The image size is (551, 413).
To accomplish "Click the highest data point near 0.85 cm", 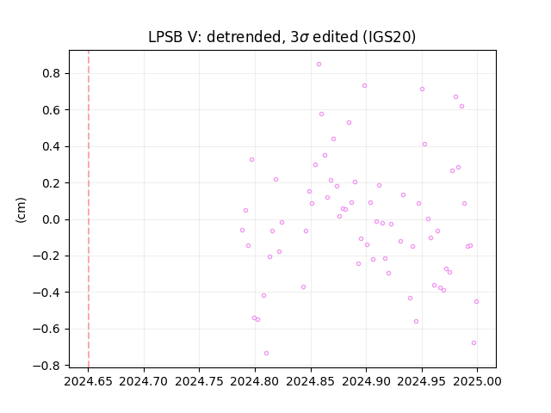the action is pyautogui.click(x=319, y=65).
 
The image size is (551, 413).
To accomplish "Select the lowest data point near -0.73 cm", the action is pyautogui.click(x=266, y=354).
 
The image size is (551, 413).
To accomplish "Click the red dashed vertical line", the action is pyautogui.click(x=89, y=209).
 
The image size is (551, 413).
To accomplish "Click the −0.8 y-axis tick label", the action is pyautogui.click(x=51, y=366).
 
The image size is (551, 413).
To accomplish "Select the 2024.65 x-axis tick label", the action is pyautogui.click(x=88, y=381).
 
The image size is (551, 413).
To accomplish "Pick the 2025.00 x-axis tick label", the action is pyautogui.click(x=477, y=381).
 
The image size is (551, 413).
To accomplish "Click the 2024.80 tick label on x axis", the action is pyautogui.click(x=255, y=381).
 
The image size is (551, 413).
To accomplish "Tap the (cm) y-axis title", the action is pyautogui.click(x=21, y=210).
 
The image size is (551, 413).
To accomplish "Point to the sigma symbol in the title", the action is pyautogui.click(x=304, y=38).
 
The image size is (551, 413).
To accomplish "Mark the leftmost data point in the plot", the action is pyautogui.click(x=242, y=231).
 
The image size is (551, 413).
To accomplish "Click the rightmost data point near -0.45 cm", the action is pyautogui.click(x=476, y=302).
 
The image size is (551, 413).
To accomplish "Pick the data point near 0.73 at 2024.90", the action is pyautogui.click(x=364, y=86).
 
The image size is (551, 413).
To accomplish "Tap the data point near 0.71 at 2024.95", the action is pyautogui.click(x=422, y=89).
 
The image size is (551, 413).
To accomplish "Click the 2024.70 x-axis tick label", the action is pyautogui.click(x=144, y=381).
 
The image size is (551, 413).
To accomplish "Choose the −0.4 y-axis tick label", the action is pyautogui.click(x=51, y=293).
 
